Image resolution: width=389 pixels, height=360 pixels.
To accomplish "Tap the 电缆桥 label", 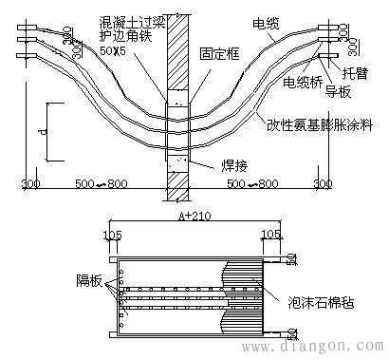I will click(x=301, y=83).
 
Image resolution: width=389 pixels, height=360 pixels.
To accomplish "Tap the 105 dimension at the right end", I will click(x=272, y=232).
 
